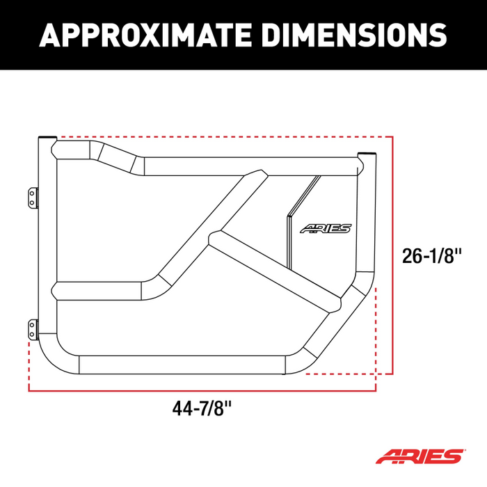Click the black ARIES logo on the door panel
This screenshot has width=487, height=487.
coord(326,228)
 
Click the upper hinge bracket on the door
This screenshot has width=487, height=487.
coord(31,195)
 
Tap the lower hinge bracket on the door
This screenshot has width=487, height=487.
coord(31,329)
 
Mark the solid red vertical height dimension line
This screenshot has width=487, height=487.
coord(394,254)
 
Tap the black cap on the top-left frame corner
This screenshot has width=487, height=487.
coord(47,138)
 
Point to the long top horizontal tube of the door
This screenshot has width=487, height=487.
coord(250,166)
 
